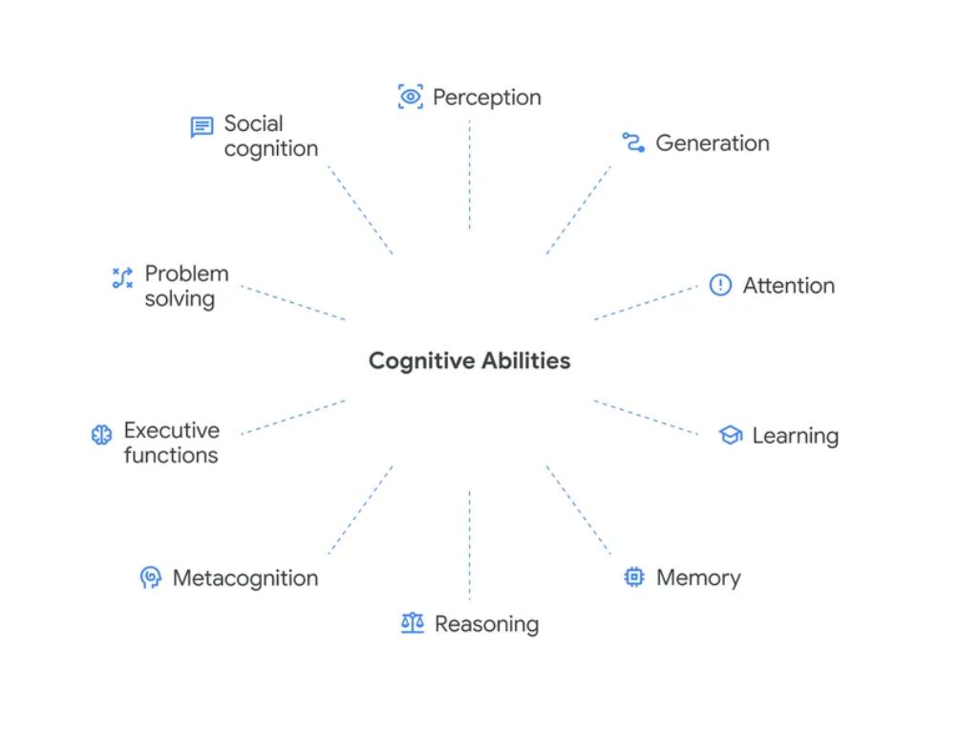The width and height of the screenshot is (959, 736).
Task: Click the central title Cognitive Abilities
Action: click(469, 360)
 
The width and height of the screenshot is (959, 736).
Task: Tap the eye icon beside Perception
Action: click(410, 97)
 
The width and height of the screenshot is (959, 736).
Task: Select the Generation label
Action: click(712, 143)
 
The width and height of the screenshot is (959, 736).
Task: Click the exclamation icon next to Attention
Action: click(720, 285)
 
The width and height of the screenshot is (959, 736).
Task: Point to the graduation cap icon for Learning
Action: click(731, 436)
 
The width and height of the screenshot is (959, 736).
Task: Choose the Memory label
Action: click(698, 577)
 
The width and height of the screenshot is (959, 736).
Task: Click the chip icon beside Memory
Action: click(633, 577)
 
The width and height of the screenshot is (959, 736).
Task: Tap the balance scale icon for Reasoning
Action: click(412, 624)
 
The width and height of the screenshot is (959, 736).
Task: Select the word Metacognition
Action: click(245, 578)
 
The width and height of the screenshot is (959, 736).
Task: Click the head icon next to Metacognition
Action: click(150, 577)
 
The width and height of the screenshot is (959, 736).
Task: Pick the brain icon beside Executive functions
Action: click(101, 435)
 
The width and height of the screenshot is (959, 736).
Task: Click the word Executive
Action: click(172, 430)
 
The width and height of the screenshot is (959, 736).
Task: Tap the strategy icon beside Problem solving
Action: click(122, 278)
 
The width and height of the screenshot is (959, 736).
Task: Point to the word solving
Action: click(180, 299)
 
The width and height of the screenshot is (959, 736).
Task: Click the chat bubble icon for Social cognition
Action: click(202, 127)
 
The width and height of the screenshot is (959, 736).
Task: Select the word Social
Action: click(253, 123)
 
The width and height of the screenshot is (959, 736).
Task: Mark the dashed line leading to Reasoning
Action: click(469, 545)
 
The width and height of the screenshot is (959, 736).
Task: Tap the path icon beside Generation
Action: click(633, 143)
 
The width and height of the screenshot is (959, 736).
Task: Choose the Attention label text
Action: click(788, 285)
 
